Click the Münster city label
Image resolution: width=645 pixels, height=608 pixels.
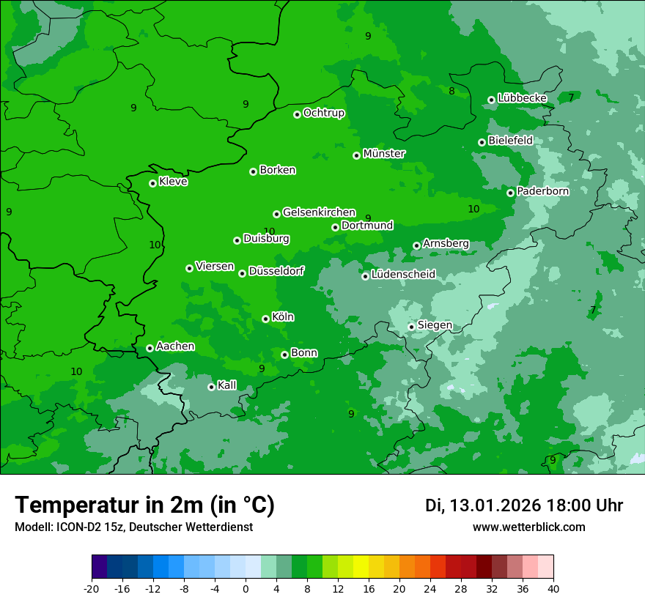point(384,154)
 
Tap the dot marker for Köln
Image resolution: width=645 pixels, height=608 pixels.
point(265,319)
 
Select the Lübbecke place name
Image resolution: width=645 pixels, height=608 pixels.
point(522,98)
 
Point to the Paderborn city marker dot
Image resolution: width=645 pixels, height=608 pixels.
point(511,193)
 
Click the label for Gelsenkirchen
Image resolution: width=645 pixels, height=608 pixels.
point(319,212)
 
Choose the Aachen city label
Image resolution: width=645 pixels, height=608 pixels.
point(175,346)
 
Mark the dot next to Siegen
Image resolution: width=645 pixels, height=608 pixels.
point(411,327)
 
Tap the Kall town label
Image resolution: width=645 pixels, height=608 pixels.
point(227,385)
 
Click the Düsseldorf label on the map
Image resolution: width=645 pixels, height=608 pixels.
point(276,272)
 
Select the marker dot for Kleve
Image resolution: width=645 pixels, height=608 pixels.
point(152,183)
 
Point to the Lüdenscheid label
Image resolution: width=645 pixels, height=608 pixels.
point(403,275)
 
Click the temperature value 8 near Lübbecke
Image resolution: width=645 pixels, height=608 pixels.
point(451,92)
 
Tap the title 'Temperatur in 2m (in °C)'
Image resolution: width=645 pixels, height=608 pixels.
point(144,505)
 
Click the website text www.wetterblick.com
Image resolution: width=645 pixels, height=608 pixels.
point(528,527)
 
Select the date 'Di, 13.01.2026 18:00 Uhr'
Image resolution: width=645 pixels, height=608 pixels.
point(524,505)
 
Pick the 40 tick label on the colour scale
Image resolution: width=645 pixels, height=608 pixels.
point(553,588)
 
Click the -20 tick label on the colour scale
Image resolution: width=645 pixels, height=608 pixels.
point(92,588)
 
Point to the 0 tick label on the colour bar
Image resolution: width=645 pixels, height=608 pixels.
point(246,588)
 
